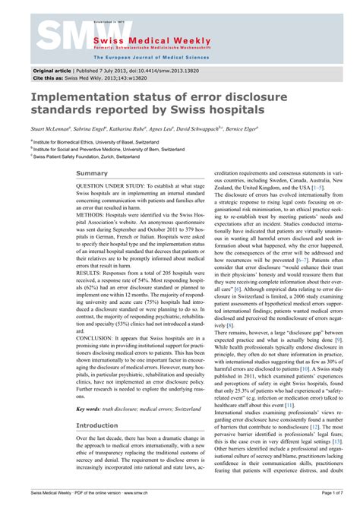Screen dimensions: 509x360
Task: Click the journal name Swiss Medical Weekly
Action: click(137, 38)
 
